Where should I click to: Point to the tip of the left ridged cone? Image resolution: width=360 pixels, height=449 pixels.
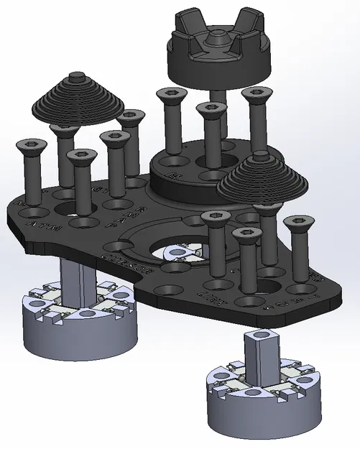tap(77, 75)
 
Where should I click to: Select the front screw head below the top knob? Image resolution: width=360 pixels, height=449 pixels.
tap(211, 109)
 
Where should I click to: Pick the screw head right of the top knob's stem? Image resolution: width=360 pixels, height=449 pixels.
tap(257, 93)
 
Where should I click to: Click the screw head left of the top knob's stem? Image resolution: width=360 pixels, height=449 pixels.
tap(170, 94)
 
